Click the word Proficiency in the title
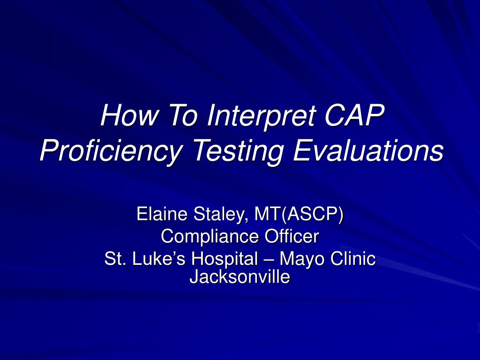coord(110,151)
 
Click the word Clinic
coord(352,259)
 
